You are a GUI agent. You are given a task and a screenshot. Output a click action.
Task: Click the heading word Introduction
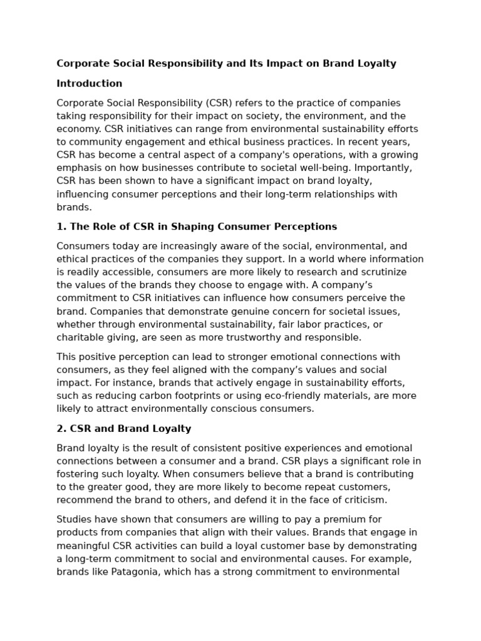point(89,83)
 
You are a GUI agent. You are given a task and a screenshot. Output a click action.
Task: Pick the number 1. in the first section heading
point(61,227)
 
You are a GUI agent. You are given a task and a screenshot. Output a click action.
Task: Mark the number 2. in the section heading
point(61,429)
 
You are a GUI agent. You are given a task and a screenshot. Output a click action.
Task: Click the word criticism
point(364,500)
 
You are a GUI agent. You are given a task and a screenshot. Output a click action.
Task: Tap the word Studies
point(74,519)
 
